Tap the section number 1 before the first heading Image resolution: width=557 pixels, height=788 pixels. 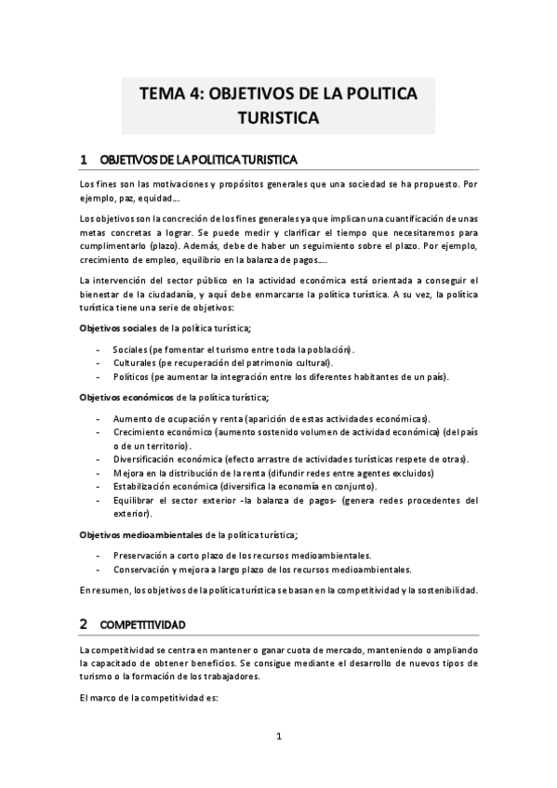point(84,160)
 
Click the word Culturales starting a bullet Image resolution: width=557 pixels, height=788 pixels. point(135,362)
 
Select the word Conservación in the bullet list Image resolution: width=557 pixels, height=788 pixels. point(143,569)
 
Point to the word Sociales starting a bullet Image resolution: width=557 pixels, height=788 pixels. point(131,348)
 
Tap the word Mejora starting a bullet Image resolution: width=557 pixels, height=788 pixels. point(128,473)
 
